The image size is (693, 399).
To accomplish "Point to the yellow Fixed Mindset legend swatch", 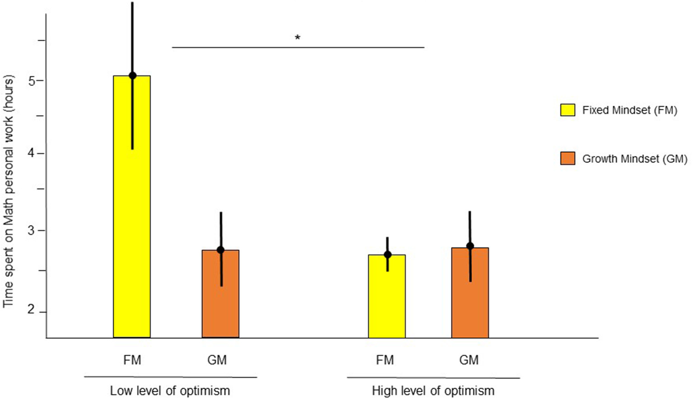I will pos(567,110).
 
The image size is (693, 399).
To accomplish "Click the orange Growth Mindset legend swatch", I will pos(567,158).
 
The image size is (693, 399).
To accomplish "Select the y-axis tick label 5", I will pos(32,81).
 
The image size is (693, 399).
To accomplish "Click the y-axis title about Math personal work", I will pos(9,191).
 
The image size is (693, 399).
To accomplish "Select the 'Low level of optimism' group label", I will pos(170,390).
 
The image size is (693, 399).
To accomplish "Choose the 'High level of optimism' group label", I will pos(433,390).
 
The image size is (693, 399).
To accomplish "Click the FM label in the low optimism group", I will pos(132,360).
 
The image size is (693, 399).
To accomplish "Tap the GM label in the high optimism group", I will pos(469,360).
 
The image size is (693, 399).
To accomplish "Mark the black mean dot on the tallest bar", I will pos(132,75).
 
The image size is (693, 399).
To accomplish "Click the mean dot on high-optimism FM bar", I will pos(387,254).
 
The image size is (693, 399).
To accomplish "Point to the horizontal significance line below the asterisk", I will pos(298,47).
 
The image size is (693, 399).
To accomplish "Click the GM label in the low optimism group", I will pos(217,360).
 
